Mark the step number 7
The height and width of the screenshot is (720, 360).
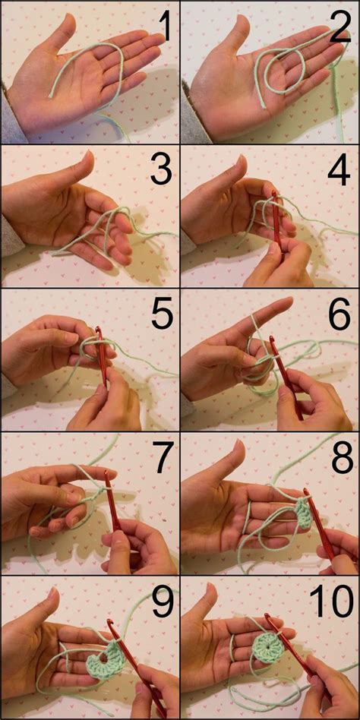[161, 457]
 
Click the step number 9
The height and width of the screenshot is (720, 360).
[161, 602]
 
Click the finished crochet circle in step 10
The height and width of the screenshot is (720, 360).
[267, 649]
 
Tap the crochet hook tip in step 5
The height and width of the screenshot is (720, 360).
[98, 332]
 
